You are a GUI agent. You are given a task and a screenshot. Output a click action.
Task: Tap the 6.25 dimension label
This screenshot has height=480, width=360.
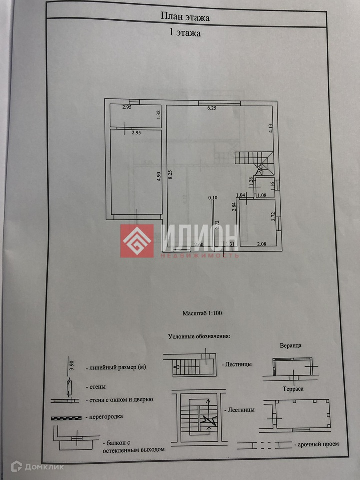click(211, 108)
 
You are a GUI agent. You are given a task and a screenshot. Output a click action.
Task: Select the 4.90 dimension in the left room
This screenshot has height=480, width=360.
click(158, 177)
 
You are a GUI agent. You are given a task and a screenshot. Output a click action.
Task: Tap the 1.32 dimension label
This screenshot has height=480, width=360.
click(158, 114)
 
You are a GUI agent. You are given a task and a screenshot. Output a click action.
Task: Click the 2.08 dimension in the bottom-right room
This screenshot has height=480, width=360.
click(261, 244)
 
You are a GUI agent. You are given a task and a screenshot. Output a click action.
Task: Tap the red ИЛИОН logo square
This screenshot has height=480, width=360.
click(137, 241)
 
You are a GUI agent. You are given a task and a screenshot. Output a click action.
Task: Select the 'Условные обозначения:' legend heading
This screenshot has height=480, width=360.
click(199, 336)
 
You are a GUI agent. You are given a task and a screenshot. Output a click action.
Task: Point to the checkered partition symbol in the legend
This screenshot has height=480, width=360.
click(65, 417)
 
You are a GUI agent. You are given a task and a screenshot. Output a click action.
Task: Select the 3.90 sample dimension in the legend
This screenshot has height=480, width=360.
click(71, 364)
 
